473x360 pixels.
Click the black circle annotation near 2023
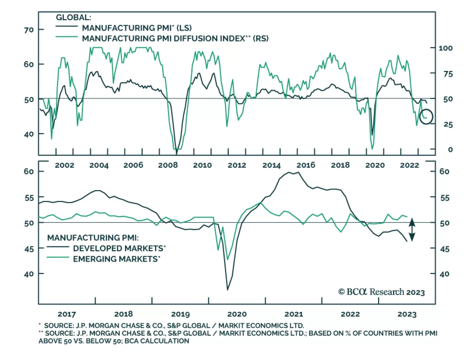pos(426,117)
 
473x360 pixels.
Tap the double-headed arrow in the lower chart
pos(412,230)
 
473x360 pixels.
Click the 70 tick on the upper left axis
pos(29,30)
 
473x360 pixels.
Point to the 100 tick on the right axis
pos(445,48)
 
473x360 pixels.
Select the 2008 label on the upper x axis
pos(168,165)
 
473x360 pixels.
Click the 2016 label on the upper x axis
pos(306,165)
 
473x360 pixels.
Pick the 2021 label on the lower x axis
pos(294,314)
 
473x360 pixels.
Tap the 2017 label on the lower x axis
pos(67,314)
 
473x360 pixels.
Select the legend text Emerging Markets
pos(116,259)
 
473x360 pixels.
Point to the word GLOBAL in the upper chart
pos(73,17)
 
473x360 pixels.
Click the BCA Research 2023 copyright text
pos(381,292)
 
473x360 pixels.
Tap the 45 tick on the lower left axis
pos(29,249)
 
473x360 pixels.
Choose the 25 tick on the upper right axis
pos(448,125)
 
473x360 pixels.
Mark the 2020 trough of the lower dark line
pos(227,290)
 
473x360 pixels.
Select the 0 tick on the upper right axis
pos(450,150)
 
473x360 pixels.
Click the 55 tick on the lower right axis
pos(444,198)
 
